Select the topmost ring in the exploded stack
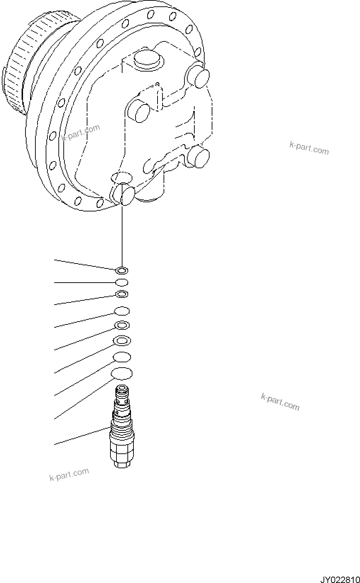tap(121, 271)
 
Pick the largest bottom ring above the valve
tap(122, 373)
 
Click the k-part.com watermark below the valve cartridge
tap(69, 474)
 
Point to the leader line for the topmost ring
tap(85, 265)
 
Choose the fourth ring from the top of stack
tap(122, 311)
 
